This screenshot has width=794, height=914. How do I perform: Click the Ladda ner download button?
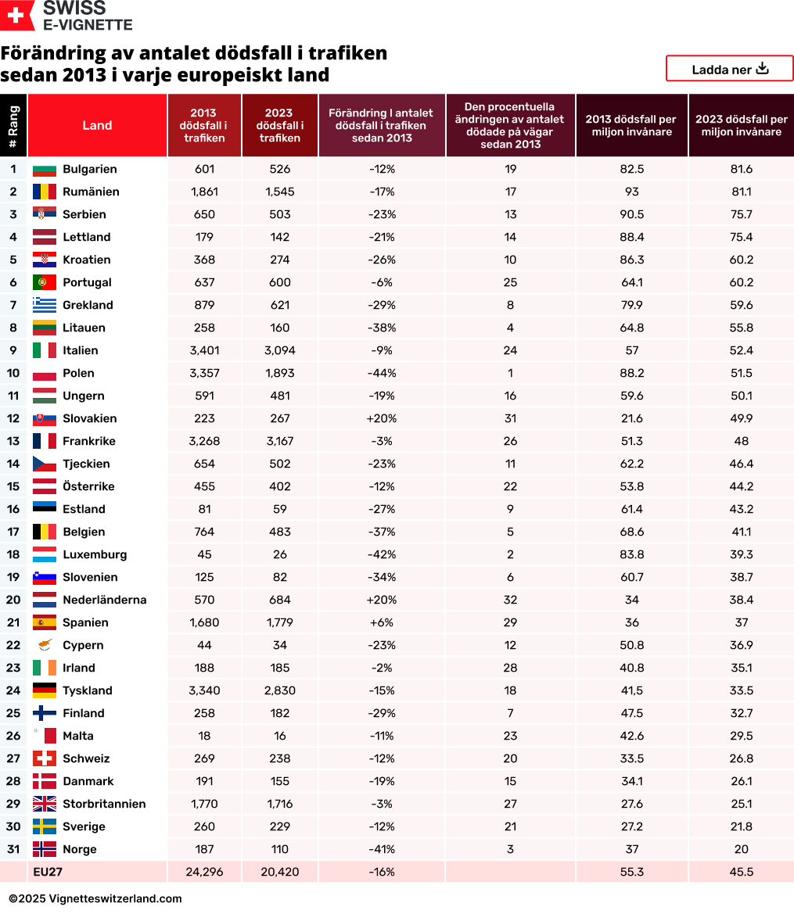(x=729, y=69)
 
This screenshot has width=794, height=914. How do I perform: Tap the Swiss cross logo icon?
(x=17, y=15)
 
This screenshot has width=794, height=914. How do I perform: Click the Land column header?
(x=97, y=125)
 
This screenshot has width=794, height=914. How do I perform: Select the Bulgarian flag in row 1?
(x=44, y=169)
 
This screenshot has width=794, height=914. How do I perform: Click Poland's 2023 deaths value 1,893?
(x=279, y=373)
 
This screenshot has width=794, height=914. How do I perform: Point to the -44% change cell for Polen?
(x=381, y=373)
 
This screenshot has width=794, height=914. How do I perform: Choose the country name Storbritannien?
(x=104, y=804)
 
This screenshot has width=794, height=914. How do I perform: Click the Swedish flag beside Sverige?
(x=44, y=826)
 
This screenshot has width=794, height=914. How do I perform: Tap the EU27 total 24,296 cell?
(x=204, y=872)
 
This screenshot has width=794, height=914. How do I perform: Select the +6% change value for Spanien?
(x=381, y=622)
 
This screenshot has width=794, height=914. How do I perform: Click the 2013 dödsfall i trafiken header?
(x=204, y=125)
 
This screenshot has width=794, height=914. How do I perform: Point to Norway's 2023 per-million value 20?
(x=741, y=849)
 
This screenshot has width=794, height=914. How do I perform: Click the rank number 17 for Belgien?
(x=13, y=532)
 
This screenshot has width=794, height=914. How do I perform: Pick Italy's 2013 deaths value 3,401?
(x=204, y=350)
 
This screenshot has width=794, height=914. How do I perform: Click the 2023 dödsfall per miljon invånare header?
(x=741, y=125)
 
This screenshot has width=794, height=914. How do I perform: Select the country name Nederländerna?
(x=104, y=600)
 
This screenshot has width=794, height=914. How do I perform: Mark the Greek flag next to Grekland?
(x=44, y=305)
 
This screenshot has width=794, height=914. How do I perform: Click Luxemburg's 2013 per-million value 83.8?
(x=631, y=554)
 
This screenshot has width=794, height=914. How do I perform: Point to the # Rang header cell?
(x=13, y=125)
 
